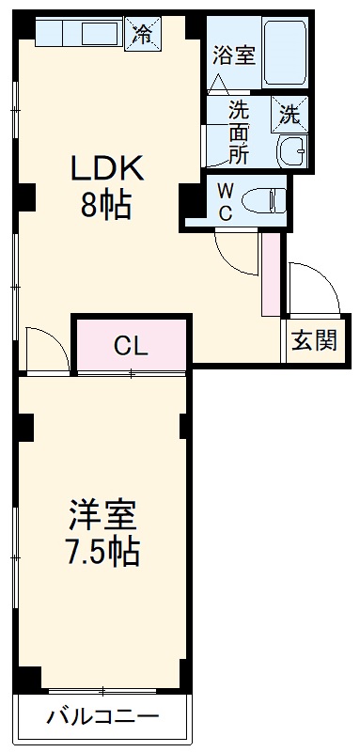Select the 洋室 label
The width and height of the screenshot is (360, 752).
click(x=102, y=515)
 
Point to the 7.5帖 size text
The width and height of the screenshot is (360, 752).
click(x=102, y=551)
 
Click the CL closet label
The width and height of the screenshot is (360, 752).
click(x=131, y=346)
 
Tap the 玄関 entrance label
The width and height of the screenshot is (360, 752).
click(x=314, y=341)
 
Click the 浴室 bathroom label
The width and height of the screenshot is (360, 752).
click(x=234, y=55)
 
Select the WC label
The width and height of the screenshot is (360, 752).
click(x=226, y=199)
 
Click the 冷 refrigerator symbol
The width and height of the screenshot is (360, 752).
click(x=143, y=35)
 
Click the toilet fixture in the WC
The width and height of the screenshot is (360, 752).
click(x=264, y=199)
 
